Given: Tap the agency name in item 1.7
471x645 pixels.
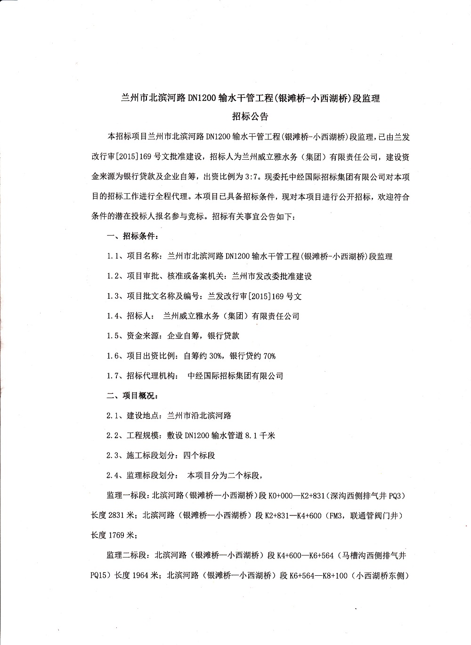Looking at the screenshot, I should (235, 376).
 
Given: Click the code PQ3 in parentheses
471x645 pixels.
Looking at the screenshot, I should (397, 496).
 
